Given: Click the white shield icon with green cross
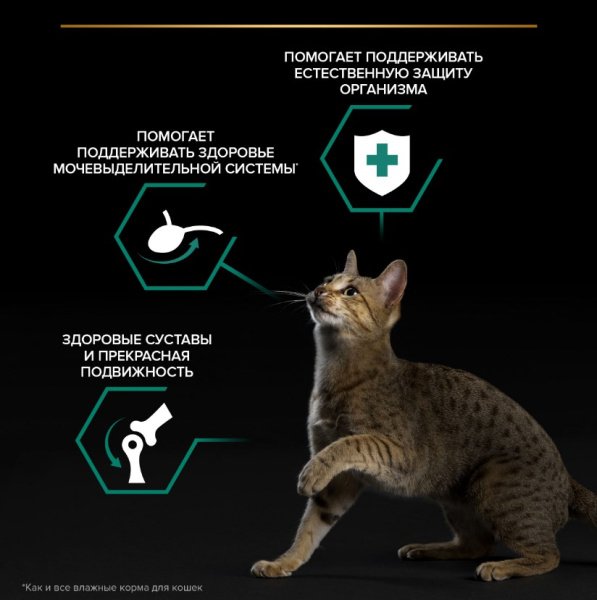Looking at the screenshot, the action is (x=382, y=162).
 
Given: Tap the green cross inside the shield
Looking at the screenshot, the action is (x=382, y=160).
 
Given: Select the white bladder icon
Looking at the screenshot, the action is (x=180, y=233).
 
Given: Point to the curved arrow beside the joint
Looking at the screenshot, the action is (x=108, y=442).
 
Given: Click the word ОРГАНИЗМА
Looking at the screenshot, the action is (x=383, y=90).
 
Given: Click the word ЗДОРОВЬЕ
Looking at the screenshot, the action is (x=231, y=152).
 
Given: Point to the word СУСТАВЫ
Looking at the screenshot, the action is (x=178, y=339).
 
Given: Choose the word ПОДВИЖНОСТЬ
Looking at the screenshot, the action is (x=137, y=372).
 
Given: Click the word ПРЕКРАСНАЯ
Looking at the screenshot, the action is (x=144, y=356).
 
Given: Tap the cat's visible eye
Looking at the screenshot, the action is (x=351, y=292).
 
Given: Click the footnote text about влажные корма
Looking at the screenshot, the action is (x=112, y=587).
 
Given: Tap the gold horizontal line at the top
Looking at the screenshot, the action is (x=298, y=26).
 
